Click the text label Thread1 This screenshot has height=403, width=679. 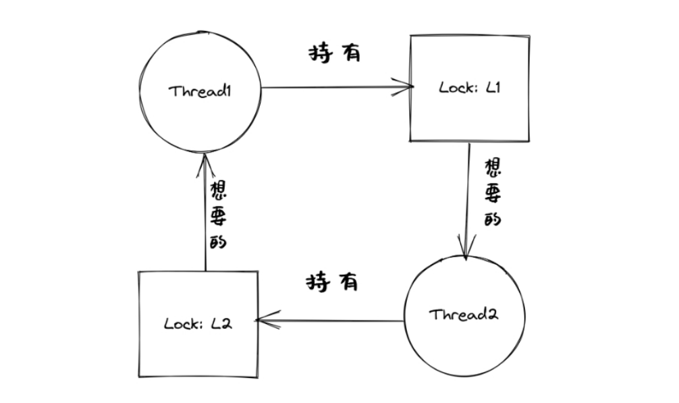(200, 90)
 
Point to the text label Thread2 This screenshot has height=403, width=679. (463, 315)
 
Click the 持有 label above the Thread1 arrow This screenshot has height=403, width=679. (335, 54)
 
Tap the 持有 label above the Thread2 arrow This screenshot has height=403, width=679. (332, 281)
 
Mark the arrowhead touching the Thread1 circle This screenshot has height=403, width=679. (206, 161)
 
